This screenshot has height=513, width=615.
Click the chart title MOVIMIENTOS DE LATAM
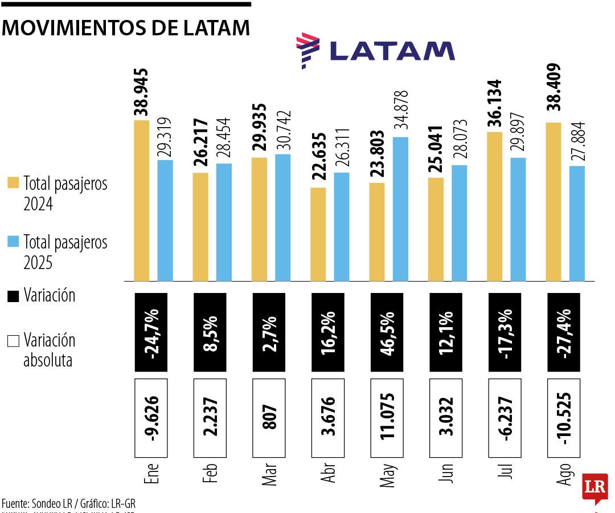(x=126, y=28)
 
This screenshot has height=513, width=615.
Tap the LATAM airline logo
(x=375, y=51)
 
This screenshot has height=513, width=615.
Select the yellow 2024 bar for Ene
(x=141, y=201)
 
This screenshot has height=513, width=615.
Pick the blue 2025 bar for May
(x=400, y=209)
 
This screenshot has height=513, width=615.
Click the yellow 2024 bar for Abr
(x=318, y=234)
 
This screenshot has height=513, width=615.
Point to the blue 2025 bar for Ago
(x=577, y=223)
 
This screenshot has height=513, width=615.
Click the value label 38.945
(x=141, y=92)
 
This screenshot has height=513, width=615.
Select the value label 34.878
(x=401, y=111)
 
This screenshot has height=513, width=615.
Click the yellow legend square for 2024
(x=13, y=183)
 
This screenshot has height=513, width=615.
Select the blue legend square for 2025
(x=13, y=242)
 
